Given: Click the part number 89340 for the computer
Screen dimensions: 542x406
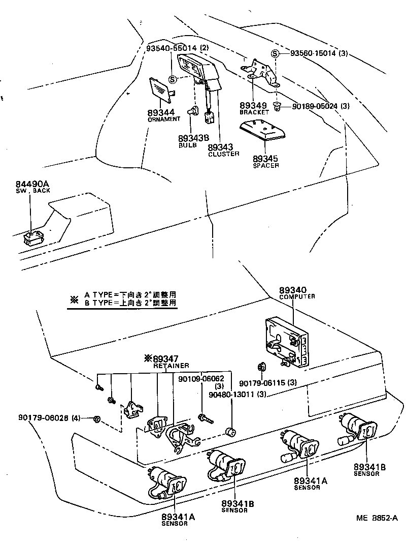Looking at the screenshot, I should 293,290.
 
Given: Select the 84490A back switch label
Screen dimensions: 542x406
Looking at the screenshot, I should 30,184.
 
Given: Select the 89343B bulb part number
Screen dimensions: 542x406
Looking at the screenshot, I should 193,138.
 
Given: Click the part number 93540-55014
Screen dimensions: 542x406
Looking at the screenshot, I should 172,48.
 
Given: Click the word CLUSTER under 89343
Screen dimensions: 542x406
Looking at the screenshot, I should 223,154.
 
